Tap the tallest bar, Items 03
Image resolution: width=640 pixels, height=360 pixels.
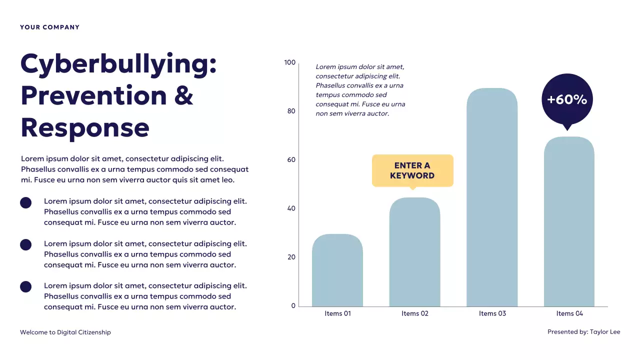492,197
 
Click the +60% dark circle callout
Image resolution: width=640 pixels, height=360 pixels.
567,99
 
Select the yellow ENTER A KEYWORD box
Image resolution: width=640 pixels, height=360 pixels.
412,170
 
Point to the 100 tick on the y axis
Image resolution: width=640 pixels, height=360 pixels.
290,62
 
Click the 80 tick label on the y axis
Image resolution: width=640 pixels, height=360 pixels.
291,111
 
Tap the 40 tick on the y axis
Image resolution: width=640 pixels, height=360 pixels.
291,208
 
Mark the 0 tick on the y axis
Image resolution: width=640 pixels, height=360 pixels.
293,306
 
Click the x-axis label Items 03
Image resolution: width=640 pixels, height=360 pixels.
492,313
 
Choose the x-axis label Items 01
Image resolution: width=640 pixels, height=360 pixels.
338,313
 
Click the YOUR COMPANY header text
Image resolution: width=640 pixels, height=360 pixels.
49,27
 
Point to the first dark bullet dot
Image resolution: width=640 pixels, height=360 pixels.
25,202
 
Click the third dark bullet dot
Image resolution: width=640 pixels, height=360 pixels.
25,286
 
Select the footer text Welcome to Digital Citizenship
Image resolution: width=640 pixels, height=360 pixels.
65,332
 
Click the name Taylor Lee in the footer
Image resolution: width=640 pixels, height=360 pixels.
605,332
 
